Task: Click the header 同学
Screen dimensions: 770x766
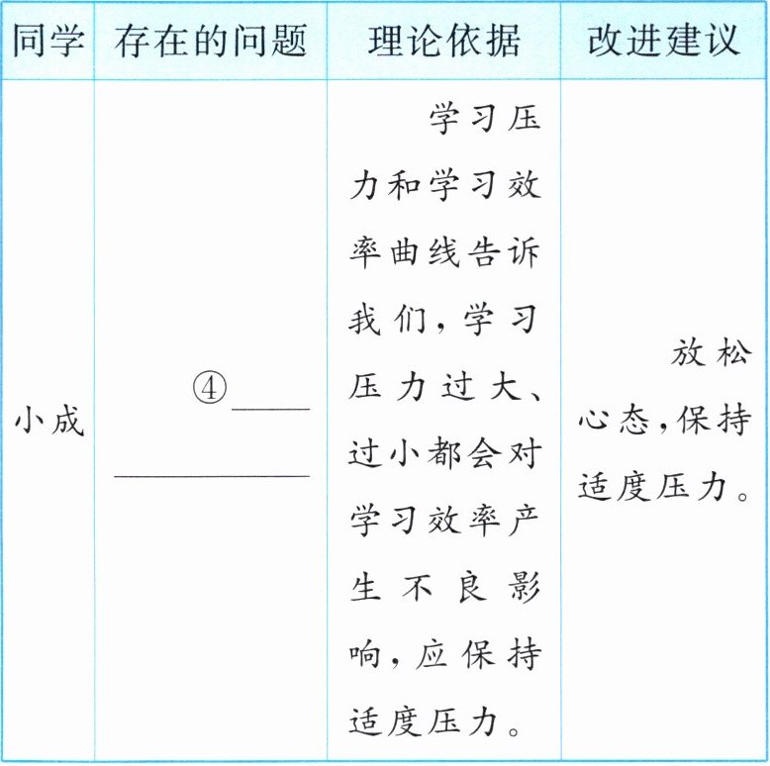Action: point(48,41)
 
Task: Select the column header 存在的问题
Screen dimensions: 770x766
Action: point(210,41)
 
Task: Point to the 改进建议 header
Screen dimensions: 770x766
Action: point(663,41)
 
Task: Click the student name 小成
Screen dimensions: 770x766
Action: point(48,422)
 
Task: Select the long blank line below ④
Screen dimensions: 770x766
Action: point(212,477)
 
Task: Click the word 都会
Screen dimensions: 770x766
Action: point(466,455)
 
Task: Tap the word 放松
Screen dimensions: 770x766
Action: point(710,354)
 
